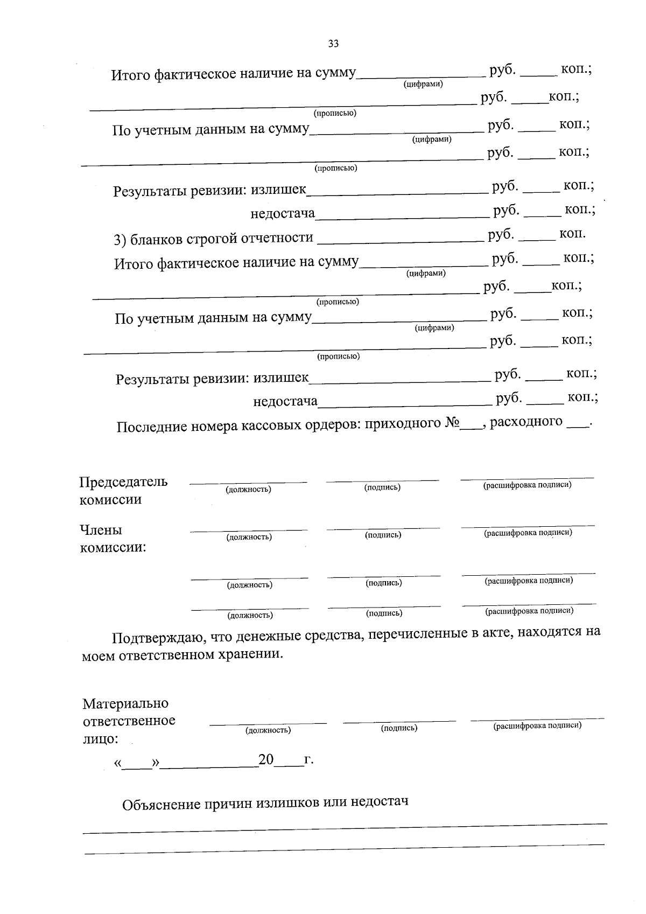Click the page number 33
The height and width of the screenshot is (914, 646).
coord(333,44)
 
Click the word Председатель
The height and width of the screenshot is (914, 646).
coord(123,482)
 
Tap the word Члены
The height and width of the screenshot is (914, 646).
coord(101,530)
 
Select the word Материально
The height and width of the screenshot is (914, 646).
coord(125,703)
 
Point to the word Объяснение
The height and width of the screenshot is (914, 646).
coord(160,805)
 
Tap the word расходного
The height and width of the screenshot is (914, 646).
coord(526,421)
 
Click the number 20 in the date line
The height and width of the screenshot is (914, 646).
coord(266,759)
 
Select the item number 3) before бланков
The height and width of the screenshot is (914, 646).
coord(120,240)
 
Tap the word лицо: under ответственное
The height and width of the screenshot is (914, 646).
coord(100,739)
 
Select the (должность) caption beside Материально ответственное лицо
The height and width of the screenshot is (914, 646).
coord(268,730)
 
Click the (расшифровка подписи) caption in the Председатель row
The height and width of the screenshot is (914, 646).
coord(527,485)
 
